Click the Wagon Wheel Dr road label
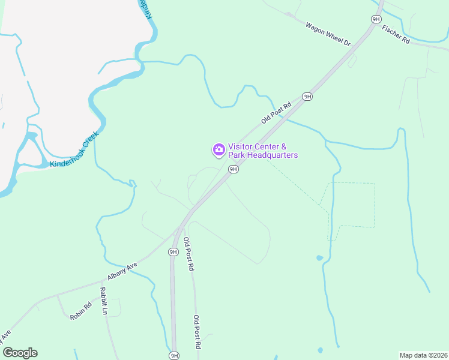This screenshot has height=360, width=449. (327, 34)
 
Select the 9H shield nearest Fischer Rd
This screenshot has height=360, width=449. (376, 19)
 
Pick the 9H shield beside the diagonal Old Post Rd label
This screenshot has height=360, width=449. (307, 96)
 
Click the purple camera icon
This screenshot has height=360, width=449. (218, 149)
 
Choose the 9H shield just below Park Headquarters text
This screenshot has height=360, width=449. (234, 169)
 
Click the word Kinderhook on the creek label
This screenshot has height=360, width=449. (65, 157)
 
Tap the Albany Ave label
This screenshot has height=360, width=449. (122, 271)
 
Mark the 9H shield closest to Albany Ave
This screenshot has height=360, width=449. (173, 252)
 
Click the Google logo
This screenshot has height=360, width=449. (20, 353)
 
